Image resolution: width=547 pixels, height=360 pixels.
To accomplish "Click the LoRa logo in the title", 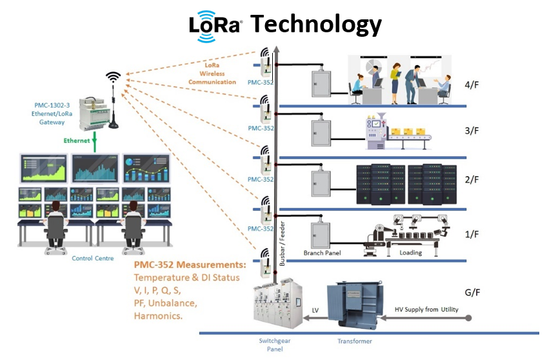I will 215,25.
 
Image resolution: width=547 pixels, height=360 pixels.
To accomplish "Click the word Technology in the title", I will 316,24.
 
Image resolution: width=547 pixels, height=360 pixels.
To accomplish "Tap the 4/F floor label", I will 472,86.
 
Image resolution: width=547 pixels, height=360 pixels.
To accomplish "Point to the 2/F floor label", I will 472,183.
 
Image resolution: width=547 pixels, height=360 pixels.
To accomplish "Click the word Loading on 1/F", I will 410,253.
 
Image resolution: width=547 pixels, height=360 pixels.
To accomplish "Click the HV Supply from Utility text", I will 426,310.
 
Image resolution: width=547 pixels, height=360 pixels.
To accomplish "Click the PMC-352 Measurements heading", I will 190,265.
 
